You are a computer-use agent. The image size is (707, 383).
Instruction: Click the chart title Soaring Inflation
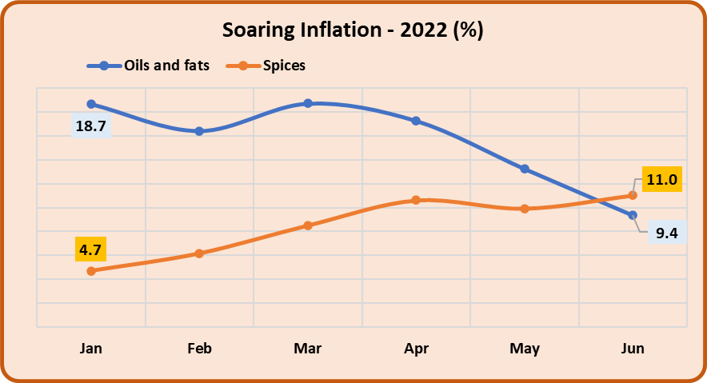coord(353,31)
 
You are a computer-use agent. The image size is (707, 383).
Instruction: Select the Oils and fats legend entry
coord(166,66)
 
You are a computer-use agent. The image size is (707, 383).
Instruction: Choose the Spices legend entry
coord(284,66)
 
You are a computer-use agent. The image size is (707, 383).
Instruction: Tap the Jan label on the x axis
coord(90,349)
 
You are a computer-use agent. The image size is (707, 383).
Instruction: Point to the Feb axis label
coord(199,349)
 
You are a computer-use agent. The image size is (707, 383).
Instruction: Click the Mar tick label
coord(308,349)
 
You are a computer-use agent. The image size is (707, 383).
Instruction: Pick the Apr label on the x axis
coord(416,349)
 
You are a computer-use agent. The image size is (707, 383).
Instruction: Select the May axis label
coord(525,349)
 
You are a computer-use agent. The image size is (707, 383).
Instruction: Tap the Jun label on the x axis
coord(633,349)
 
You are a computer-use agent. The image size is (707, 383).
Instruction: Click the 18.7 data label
coord(91,126)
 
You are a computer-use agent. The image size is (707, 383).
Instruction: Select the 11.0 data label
coord(662,179)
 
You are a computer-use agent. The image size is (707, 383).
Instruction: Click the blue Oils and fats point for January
coord(91,104)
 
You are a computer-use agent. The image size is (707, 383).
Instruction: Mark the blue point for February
coord(199,131)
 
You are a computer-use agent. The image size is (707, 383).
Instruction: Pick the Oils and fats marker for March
coord(308,103)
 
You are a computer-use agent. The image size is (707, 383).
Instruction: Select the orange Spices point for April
coord(416,200)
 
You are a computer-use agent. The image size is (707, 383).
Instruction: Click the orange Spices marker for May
coord(525,209)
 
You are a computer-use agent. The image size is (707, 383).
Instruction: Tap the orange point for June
coord(633,195)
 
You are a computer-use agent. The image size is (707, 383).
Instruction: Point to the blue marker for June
coord(633,215)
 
